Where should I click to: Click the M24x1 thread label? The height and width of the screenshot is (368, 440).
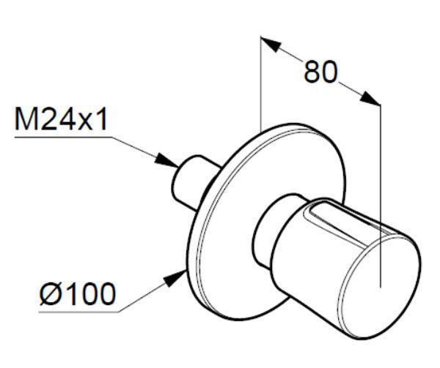tap(61, 119)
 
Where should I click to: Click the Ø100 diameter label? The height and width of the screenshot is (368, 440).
tap(78, 294)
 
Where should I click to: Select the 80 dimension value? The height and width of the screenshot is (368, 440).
tap(320, 72)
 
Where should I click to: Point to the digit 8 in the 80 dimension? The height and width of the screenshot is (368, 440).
tap(312, 72)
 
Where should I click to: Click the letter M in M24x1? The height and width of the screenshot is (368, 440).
tap(26, 119)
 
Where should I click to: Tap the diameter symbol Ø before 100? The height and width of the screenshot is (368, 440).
tap(51, 294)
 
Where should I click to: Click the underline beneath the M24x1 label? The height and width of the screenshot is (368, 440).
tap(63, 137)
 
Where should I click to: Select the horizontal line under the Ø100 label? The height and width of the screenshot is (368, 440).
tap(78, 312)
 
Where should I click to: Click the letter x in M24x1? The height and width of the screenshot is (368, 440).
tap(86, 122)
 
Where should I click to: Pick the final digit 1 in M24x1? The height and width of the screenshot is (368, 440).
tap(102, 119)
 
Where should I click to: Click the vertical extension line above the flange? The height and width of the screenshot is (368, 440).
tap(260, 84)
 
